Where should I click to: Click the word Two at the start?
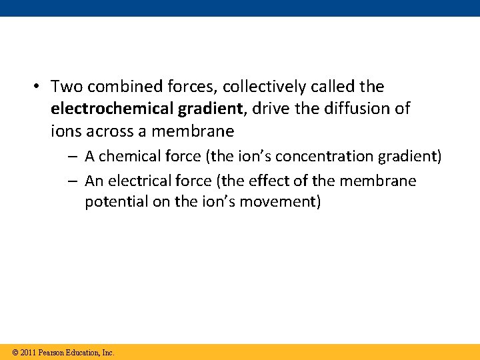[x=65, y=87]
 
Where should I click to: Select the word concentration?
[x=315, y=156]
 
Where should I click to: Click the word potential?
[x=114, y=202]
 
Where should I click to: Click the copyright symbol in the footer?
[x=15, y=352]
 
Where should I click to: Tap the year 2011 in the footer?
[x=29, y=352]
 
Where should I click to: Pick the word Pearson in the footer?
[x=53, y=352]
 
